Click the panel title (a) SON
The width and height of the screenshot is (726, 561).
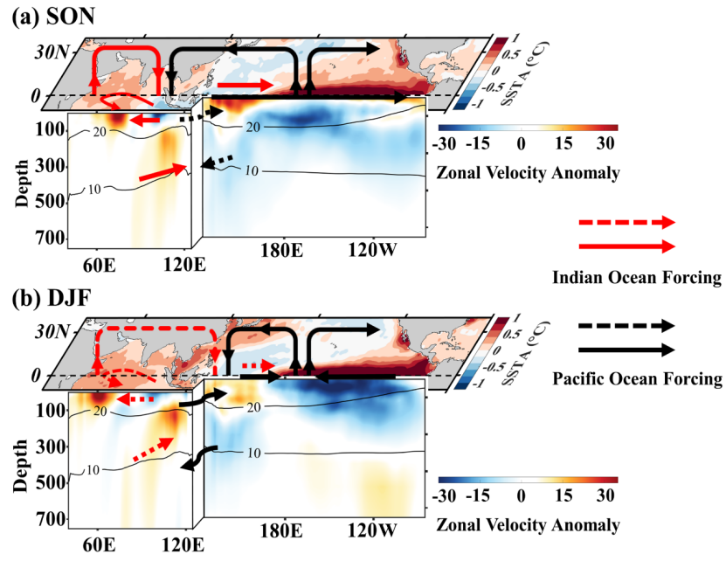pos(54,18)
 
